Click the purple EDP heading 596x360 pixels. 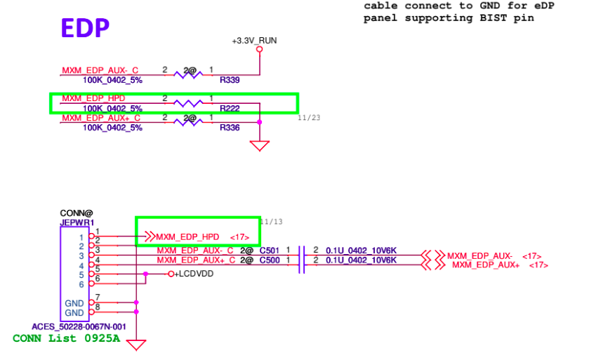click(x=85, y=28)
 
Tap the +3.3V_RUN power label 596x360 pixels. click(x=254, y=41)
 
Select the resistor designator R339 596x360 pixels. click(x=230, y=80)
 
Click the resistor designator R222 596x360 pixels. click(x=230, y=109)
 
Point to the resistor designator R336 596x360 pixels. click(x=230, y=128)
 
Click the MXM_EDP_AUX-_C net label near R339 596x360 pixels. click(x=100, y=71)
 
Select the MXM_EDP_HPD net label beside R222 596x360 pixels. click(x=93, y=99)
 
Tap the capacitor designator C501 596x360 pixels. click(x=270, y=251)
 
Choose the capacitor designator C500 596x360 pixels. click(x=270, y=260)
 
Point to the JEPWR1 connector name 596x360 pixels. click(x=77, y=222)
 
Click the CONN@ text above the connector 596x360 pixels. click(x=77, y=213)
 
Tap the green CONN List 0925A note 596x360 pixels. click(x=66, y=338)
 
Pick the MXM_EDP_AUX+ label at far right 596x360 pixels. click(x=484, y=265)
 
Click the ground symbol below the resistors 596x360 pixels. click(x=260, y=146)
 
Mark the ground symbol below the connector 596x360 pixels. click(x=136, y=345)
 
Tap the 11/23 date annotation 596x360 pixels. click(x=309, y=118)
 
